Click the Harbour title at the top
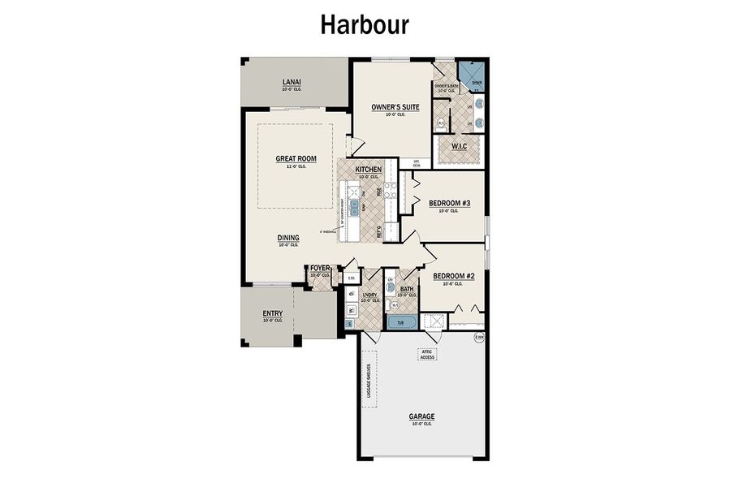[x=365, y=24]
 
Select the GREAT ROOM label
[x=296, y=159]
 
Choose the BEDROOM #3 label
[x=449, y=203]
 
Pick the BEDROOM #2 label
[x=458, y=276]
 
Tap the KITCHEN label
[x=369, y=170]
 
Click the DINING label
[x=288, y=238]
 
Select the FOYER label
[x=320, y=268]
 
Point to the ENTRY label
[x=272, y=313]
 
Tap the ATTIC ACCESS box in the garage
[x=428, y=353]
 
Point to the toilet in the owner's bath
[x=442, y=123]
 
